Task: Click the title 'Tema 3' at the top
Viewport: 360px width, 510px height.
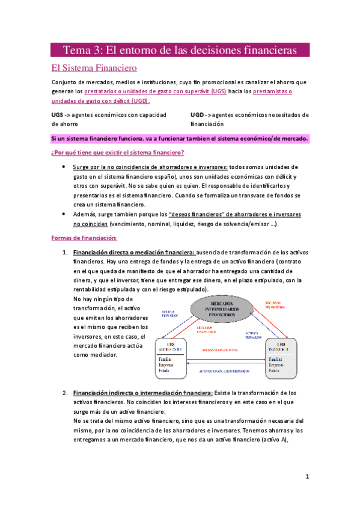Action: [87, 49]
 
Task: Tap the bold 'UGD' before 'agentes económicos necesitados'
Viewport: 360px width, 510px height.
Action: [198, 115]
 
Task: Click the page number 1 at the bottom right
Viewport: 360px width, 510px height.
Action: [307, 478]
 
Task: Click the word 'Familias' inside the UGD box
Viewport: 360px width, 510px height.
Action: [276, 356]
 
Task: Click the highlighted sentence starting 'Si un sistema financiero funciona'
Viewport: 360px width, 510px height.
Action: [180, 139]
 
